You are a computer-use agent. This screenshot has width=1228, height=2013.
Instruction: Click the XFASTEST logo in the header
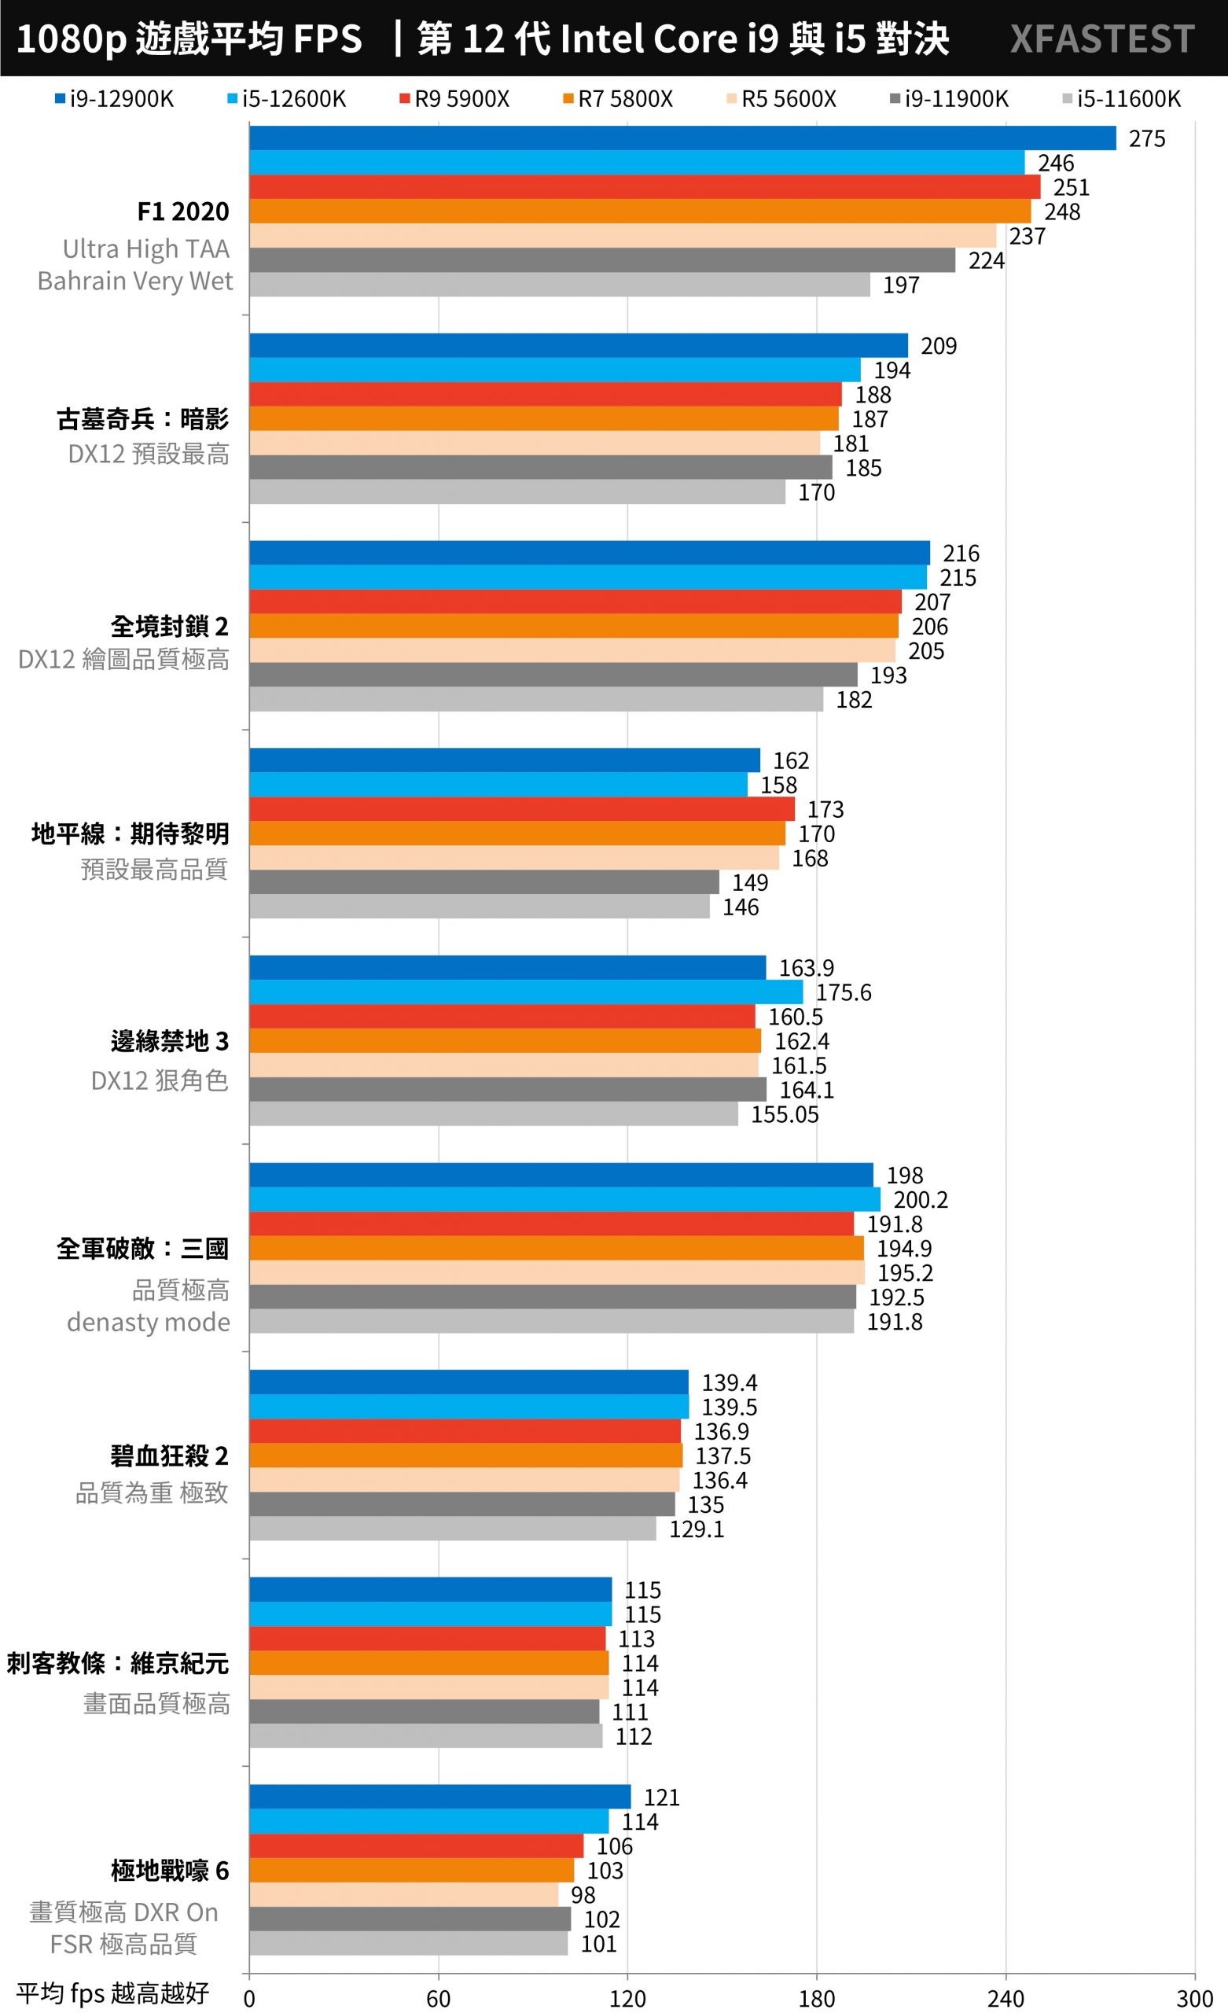1101,39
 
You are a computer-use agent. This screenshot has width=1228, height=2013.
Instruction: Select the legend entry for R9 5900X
454,99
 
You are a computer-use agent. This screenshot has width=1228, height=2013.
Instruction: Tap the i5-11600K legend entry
1121,99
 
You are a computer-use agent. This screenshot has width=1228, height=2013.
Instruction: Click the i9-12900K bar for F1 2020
682,138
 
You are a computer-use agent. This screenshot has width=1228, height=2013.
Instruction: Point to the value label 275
1146,139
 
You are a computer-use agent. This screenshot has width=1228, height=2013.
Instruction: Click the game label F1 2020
183,212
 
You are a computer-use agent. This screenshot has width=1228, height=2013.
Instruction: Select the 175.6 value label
844,992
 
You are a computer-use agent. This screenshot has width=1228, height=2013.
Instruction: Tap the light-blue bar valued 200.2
564,1199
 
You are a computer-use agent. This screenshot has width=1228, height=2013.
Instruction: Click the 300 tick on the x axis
1193,1999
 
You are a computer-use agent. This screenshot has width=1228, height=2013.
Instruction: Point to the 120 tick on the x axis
627,1999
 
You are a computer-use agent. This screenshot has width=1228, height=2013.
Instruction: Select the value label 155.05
785,1114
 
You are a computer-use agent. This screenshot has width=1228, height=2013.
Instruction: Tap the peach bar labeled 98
403,1894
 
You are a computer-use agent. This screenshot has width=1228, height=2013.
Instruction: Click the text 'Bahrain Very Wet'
134,281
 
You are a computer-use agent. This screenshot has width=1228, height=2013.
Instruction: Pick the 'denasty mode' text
148,1322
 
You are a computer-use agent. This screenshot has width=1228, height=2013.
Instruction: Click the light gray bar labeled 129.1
453,1529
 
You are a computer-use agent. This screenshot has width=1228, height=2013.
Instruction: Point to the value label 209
938,347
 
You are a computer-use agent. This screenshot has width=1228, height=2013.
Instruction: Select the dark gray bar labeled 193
553,675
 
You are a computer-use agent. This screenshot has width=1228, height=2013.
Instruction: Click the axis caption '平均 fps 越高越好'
112,1993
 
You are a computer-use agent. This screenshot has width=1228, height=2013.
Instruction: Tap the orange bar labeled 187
543,418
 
